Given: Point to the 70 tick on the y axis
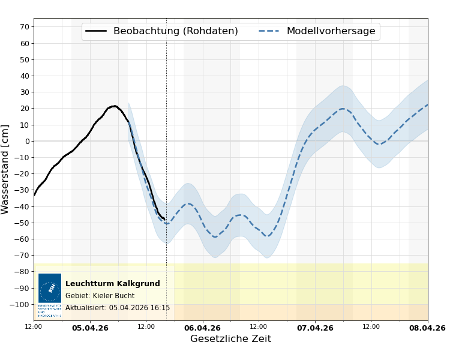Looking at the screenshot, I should tap(25, 27).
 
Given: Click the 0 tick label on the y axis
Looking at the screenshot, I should tap(27, 142).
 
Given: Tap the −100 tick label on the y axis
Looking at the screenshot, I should tap(20, 305).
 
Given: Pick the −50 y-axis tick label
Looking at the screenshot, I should tap(22, 223).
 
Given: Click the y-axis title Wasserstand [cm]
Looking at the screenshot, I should tap(6, 169).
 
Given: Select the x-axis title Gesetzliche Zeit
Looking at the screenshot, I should tap(230, 339).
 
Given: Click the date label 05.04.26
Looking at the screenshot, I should tap(90, 328).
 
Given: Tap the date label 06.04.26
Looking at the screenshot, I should tap(203, 328).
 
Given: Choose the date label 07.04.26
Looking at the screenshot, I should tap(315, 328).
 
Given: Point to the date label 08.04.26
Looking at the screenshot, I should tap(427, 328).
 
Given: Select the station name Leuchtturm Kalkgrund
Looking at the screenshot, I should tap(113, 284).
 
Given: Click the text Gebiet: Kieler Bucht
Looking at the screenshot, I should tap(100, 296).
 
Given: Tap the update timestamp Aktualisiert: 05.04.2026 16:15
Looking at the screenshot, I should tap(118, 308).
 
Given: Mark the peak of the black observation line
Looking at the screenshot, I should tap(114, 106).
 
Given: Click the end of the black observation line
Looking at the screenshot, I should tap(164, 220).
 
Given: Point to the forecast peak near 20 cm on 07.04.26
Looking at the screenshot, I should tap(343, 109).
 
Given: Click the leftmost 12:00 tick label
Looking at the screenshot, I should tap(34, 327).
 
